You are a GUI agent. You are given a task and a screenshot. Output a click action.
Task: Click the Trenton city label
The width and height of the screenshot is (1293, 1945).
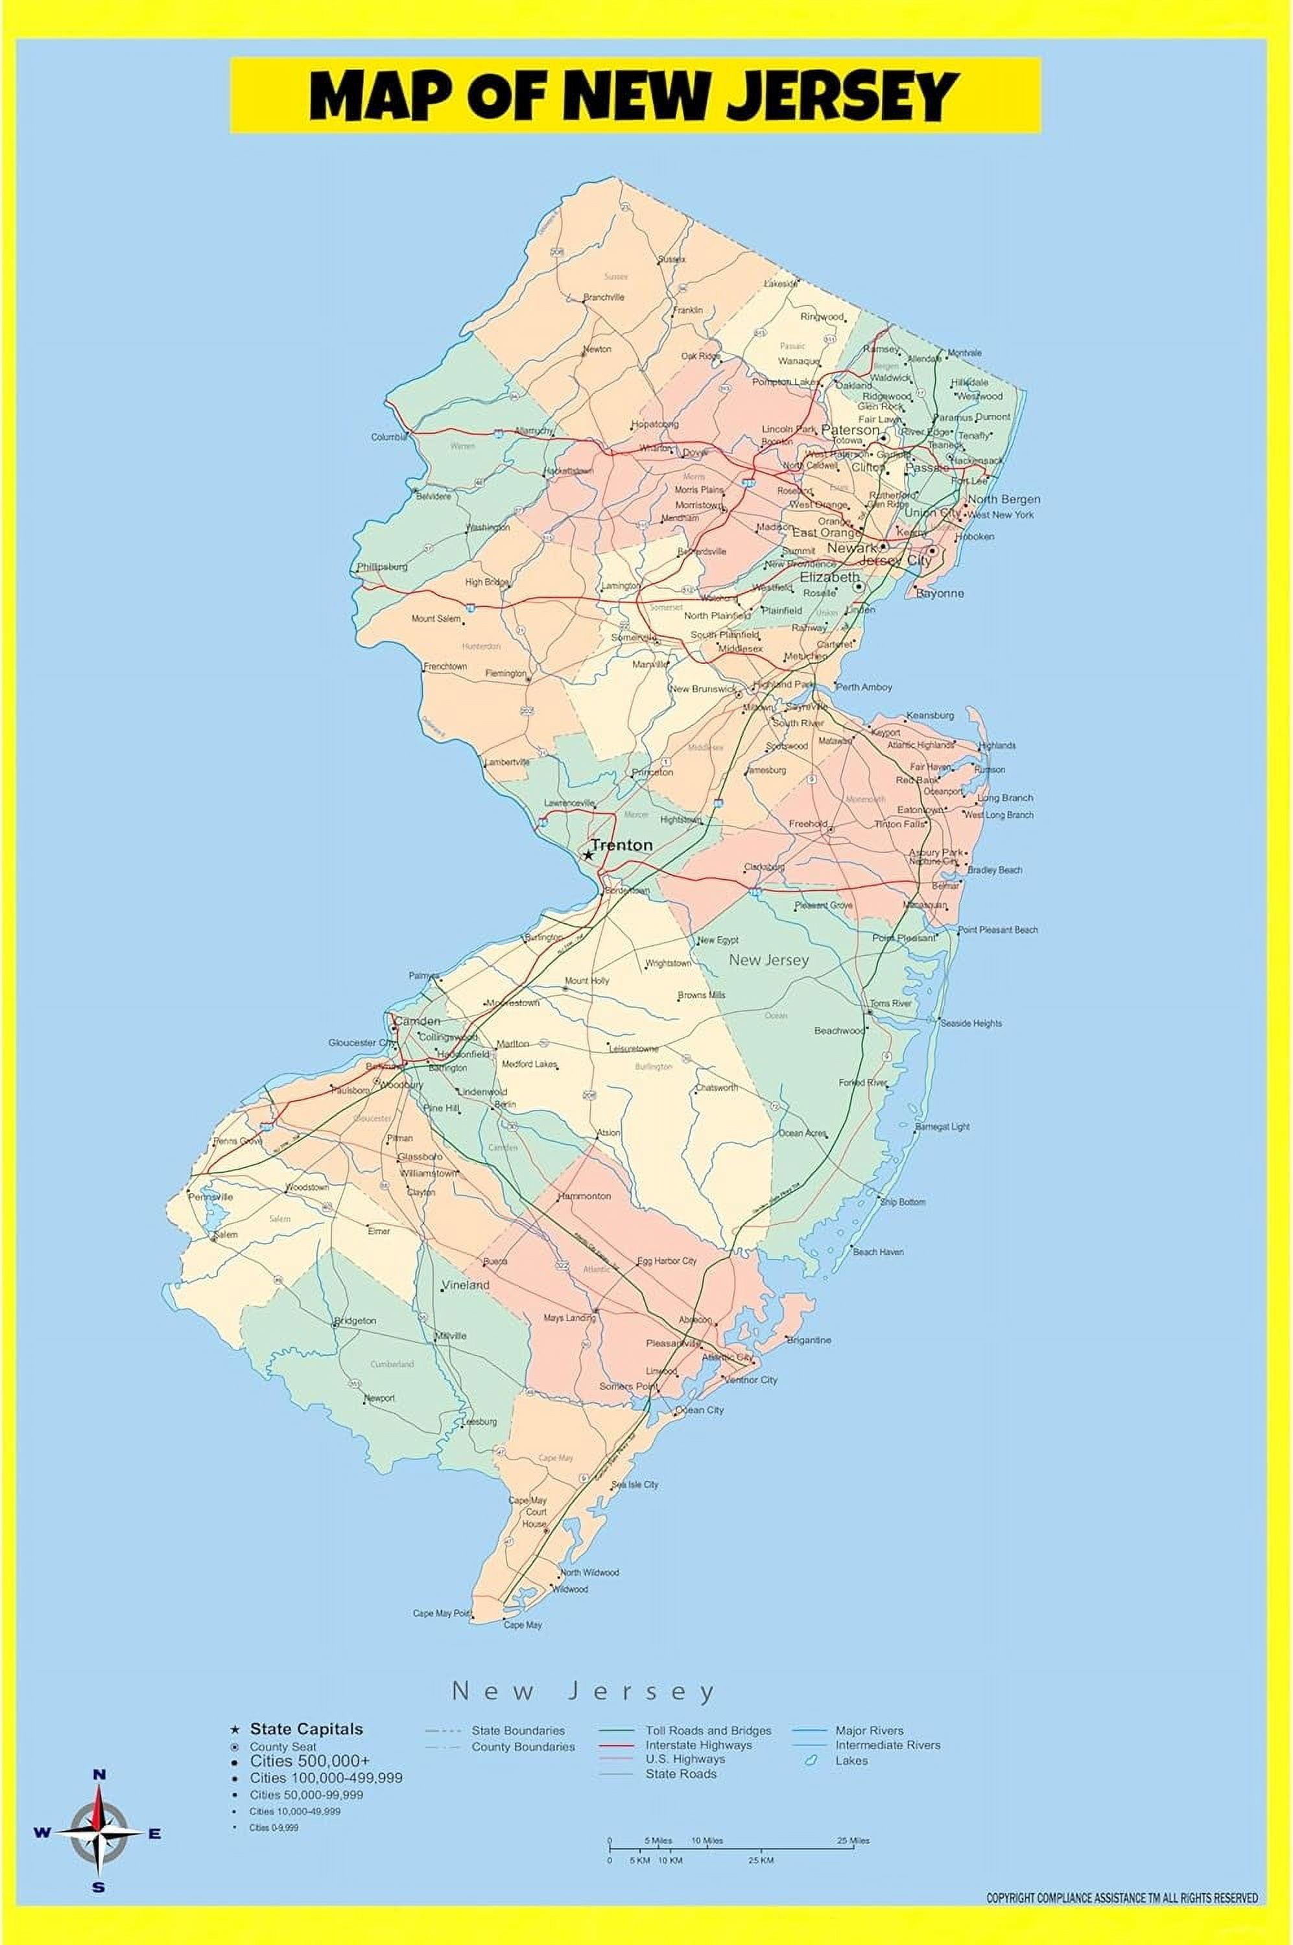pos(622,845)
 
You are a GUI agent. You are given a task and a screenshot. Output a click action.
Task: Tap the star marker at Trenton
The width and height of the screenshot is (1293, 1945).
pos(588,855)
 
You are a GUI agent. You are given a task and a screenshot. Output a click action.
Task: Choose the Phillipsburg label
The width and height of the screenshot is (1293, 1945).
pos(382,567)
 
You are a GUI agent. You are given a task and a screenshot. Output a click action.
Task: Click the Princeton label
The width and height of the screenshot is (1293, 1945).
pos(652,773)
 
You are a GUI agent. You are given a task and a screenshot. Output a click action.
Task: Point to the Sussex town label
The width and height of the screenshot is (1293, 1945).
pos(671,260)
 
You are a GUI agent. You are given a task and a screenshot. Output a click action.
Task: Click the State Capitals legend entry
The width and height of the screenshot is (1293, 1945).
pos(306,1729)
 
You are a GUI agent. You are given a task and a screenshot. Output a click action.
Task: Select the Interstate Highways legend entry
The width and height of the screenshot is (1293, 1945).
pos(698,1745)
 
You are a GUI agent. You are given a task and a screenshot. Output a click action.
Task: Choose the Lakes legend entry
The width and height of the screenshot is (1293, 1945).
pos(851,1760)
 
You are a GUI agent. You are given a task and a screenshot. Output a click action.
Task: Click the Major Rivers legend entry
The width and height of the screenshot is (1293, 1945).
pos(869,1730)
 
